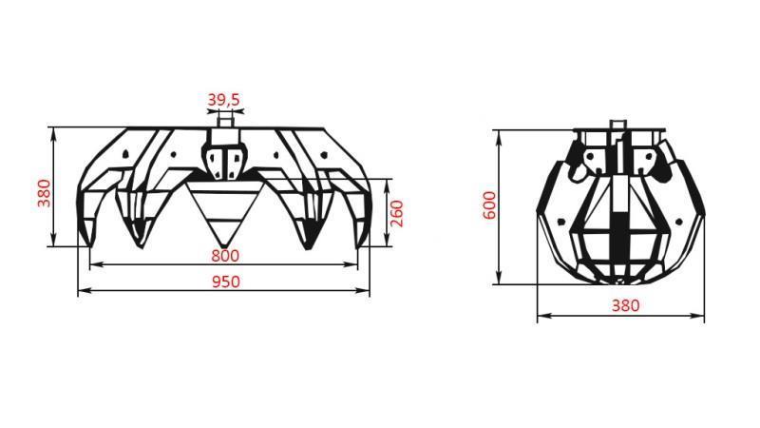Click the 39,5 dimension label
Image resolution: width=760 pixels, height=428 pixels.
pyautogui.click(x=223, y=98)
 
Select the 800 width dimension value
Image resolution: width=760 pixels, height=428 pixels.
pyautogui.click(x=225, y=255)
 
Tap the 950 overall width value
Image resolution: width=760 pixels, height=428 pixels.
pyautogui.click(x=225, y=281)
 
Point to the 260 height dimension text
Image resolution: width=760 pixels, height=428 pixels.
pyautogui.click(x=398, y=213)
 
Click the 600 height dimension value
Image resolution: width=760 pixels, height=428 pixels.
pyautogui.click(x=488, y=205)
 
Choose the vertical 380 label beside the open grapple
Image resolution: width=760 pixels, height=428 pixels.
pyautogui.click(x=43, y=191)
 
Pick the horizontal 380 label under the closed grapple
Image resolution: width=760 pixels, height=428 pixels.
pyautogui.click(x=624, y=305)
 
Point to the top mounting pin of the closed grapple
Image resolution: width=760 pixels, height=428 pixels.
pyautogui.click(x=618, y=125)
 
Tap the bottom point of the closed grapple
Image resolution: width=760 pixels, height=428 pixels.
pyautogui.click(x=618, y=282)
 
